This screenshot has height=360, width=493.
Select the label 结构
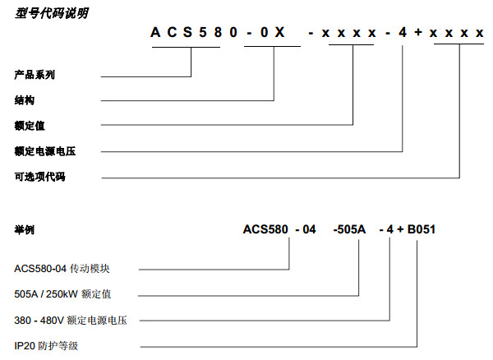coord(25,100)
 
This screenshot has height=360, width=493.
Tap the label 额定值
coord(30,126)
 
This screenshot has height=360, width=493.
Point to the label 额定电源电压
coord(39,151)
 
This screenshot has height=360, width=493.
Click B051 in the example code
coord(419,229)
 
